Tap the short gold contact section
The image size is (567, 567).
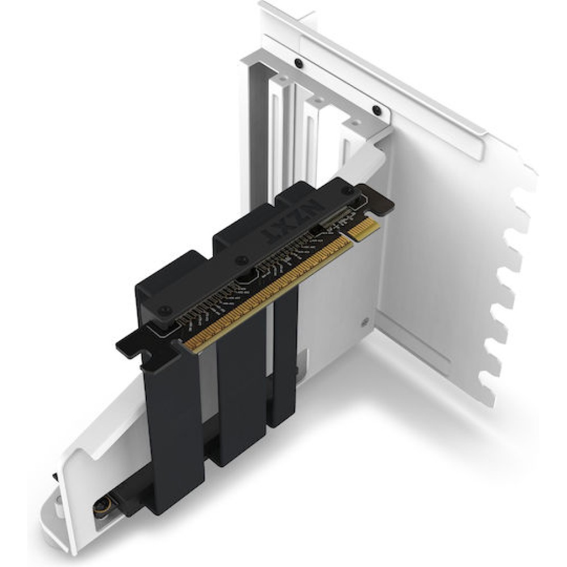(x=364, y=229)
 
